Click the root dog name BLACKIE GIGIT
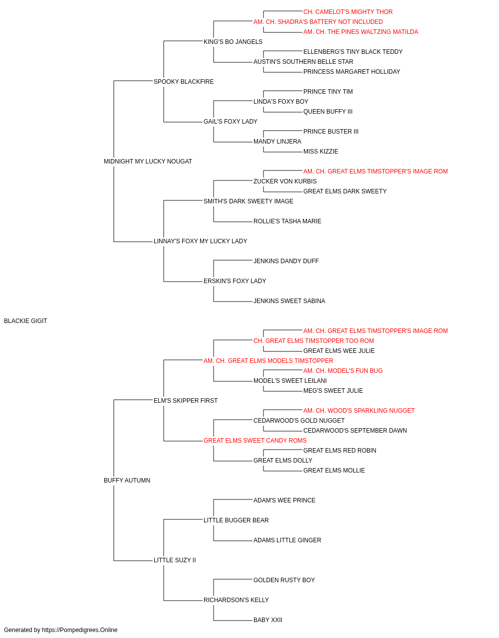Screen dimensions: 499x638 click(25, 321)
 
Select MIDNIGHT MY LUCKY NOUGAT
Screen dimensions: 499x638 click(148, 161)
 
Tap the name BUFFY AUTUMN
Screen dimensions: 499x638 click(127, 480)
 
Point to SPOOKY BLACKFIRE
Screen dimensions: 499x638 click(184, 82)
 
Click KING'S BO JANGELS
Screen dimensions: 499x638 click(233, 42)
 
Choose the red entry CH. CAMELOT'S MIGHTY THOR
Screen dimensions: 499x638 click(348, 12)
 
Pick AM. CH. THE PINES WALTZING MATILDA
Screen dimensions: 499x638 click(361, 32)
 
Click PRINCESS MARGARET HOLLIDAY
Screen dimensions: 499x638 click(352, 72)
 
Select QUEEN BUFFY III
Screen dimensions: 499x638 click(328, 112)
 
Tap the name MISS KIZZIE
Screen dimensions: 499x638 click(321, 152)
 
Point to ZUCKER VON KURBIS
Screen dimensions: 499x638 click(285, 181)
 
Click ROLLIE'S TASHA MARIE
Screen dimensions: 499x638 click(287, 221)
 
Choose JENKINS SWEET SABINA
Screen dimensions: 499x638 click(289, 301)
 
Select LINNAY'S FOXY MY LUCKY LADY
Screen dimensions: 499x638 click(201, 241)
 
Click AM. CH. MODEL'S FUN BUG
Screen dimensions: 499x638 click(343, 371)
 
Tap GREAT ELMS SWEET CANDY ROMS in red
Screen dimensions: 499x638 click(255, 441)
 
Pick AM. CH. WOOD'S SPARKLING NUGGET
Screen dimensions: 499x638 click(359, 410)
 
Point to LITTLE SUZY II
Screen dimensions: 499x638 click(175, 560)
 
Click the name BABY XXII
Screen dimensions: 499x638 click(268, 620)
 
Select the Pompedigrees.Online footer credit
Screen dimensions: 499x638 click(60, 630)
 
